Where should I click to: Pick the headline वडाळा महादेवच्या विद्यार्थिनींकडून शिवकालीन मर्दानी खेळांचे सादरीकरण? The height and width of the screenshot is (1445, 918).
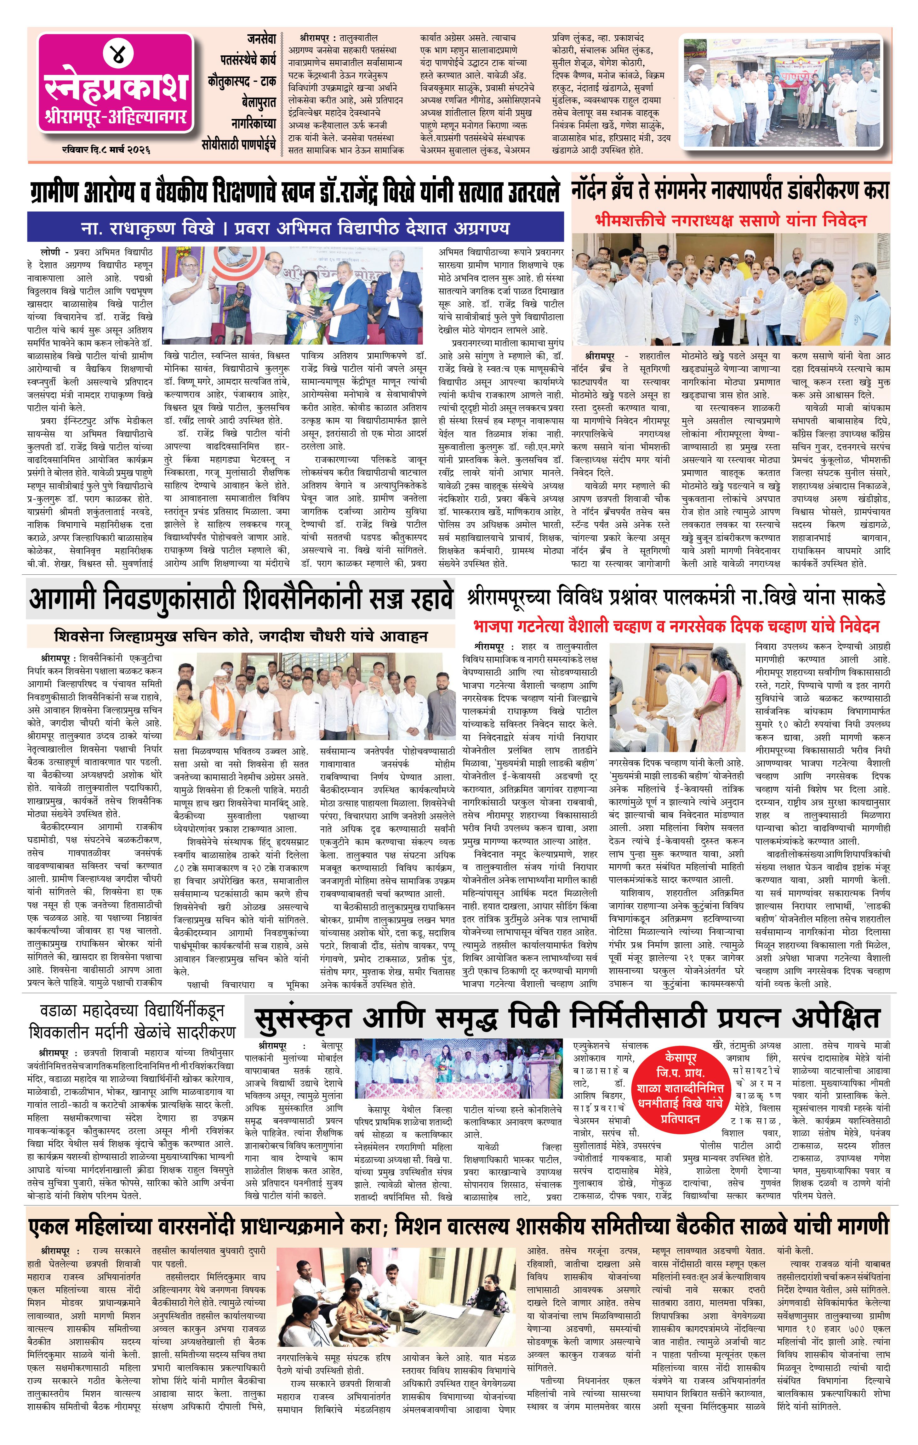[132, 1022]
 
